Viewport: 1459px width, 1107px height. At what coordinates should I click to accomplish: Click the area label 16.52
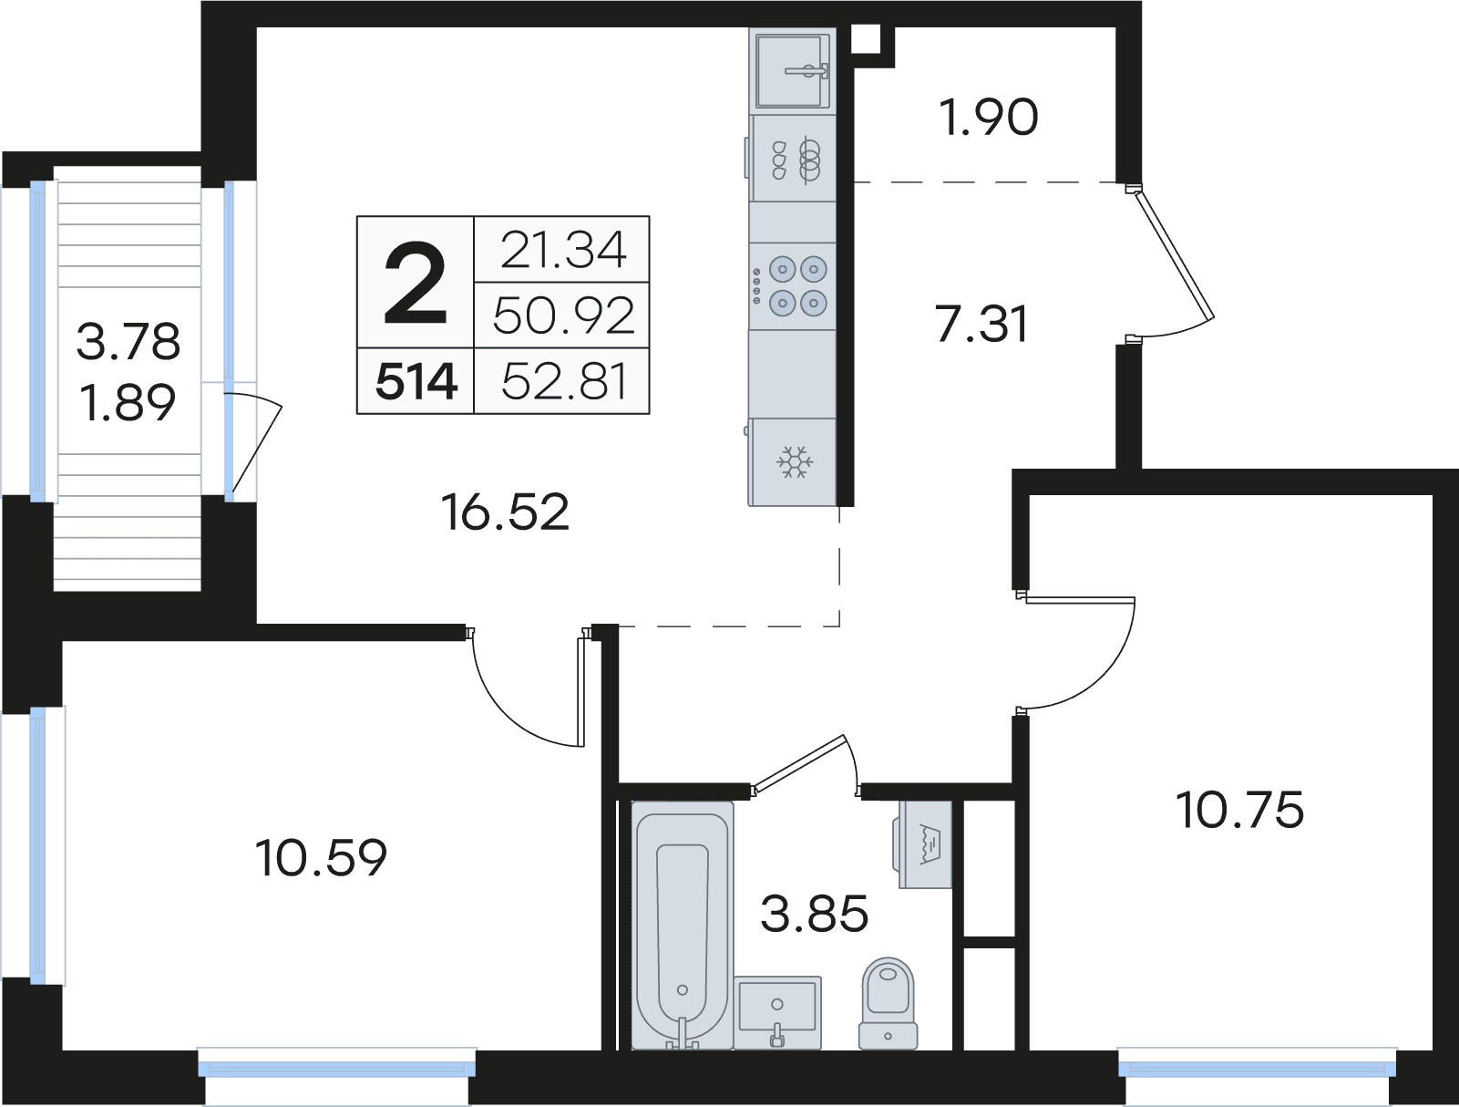coord(505,512)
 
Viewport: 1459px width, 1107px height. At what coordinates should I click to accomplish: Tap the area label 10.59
coord(321,858)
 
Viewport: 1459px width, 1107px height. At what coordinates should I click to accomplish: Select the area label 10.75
coord(1240,811)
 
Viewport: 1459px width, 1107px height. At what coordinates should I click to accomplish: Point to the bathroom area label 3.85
coord(814,915)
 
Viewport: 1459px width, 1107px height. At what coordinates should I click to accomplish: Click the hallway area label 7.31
coord(981,325)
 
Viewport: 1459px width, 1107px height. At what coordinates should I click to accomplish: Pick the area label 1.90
coord(989,118)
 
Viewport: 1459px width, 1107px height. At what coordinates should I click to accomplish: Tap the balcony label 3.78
coord(128,342)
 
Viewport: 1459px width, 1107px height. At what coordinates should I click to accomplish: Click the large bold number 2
coord(416,283)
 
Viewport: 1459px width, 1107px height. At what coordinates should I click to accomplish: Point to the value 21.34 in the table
coord(563,250)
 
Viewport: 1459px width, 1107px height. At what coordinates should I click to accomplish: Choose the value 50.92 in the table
coord(563,316)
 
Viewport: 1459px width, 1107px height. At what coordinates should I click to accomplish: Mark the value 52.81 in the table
coord(564,382)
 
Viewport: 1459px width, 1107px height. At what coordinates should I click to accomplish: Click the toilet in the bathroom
coord(888,1004)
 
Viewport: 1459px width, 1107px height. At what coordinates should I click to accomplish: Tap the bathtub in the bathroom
coord(682,926)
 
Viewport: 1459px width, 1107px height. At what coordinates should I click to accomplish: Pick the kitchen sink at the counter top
coord(792,71)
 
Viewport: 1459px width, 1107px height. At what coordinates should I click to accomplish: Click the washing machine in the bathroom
coord(924,844)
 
